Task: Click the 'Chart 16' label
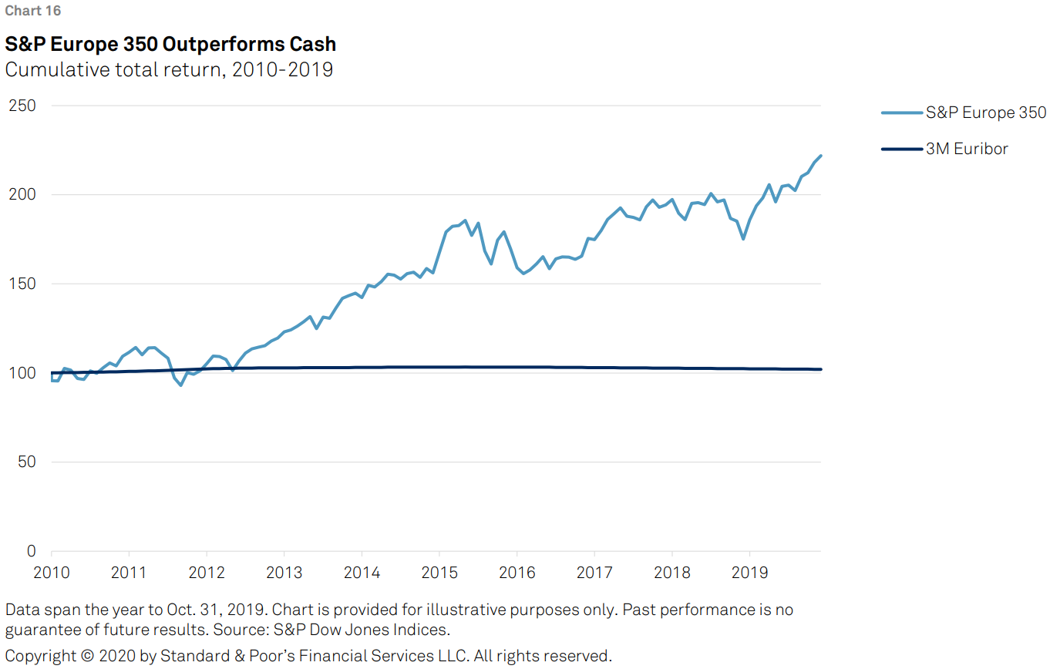[x=32, y=11]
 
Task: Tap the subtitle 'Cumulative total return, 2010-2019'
[x=169, y=69]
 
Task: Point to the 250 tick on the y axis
[x=22, y=106]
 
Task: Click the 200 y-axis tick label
[x=22, y=194]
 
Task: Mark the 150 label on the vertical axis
[x=22, y=284]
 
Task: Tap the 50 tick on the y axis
[x=26, y=462]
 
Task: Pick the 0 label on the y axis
[x=31, y=551]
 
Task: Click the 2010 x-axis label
[x=51, y=573]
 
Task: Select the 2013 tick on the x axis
[x=284, y=573]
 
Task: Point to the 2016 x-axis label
[x=516, y=573]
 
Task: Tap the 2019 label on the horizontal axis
[x=749, y=573]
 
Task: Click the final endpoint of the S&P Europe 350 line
[x=821, y=156]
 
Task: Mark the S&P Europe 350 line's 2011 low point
[x=180, y=385]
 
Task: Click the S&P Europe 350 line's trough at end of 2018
[x=743, y=239]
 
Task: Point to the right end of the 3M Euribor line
[x=821, y=369]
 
